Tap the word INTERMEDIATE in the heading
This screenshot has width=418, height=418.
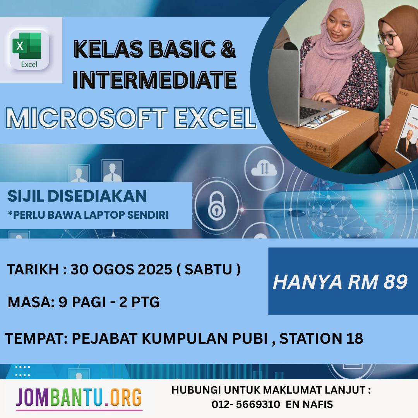click(154, 79)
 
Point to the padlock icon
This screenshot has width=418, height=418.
click(217, 206)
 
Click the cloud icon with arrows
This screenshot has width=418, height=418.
click(264, 168)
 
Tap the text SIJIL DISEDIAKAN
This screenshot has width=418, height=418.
click(77, 196)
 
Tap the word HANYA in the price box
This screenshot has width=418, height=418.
click(307, 282)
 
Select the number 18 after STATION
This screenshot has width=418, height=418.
click(355, 339)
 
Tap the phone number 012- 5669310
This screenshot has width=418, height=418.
click(246, 404)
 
